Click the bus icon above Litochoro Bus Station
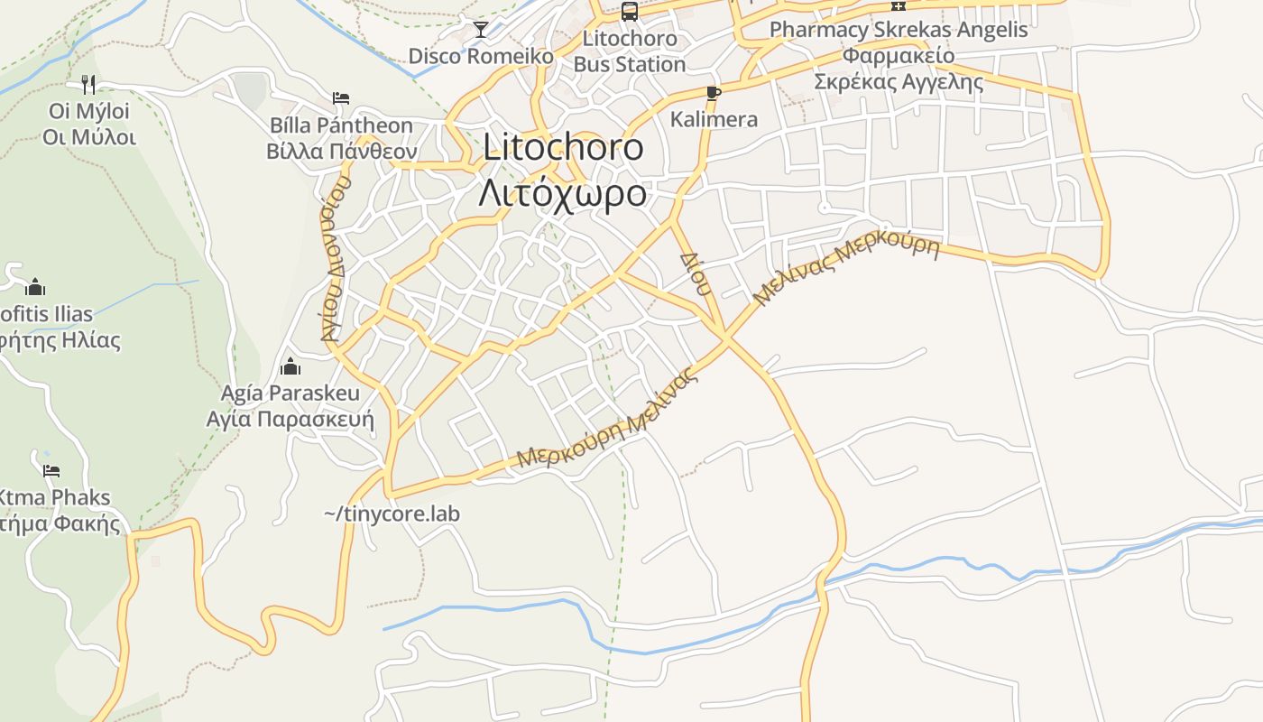click(x=630, y=12)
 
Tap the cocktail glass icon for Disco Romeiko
click(x=481, y=30)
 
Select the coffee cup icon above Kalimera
click(x=714, y=93)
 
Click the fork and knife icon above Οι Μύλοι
click(x=88, y=85)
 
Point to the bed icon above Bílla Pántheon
click(x=341, y=98)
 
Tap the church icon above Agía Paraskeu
click(x=290, y=366)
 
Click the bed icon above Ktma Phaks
click(x=51, y=471)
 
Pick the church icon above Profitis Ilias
click(x=36, y=287)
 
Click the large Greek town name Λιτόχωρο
click(x=562, y=193)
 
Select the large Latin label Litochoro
click(x=564, y=147)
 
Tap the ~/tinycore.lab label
click(x=392, y=514)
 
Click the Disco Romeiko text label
click(x=481, y=56)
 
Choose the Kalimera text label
click(x=714, y=119)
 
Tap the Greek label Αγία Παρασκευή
click(x=290, y=420)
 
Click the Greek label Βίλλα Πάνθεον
click(x=341, y=151)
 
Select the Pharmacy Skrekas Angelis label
click(x=899, y=30)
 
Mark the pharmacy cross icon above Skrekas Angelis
click(x=899, y=5)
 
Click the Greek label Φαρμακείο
click(x=899, y=55)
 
